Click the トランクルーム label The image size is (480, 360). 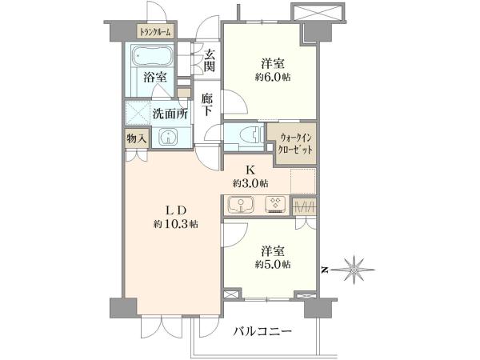(x=155, y=31)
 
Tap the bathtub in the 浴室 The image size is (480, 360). (x=150, y=55)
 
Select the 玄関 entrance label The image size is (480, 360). (x=210, y=60)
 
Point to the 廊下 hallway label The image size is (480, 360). (x=207, y=104)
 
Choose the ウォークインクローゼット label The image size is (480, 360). (x=296, y=143)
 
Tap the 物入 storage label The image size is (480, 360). (x=137, y=139)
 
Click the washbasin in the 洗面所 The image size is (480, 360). (x=168, y=137)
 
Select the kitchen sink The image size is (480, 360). (x=241, y=205)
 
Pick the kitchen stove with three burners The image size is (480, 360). (x=275, y=205)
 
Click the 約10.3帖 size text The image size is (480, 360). (x=176, y=224)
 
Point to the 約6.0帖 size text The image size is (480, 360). (x=273, y=77)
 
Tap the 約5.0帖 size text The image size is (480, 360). (x=273, y=264)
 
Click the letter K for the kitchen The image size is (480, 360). (x=250, y=170)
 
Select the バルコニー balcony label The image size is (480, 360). (x=263, y=331)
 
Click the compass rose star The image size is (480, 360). (x=354, y=270)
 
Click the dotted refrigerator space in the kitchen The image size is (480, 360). (x=302, y=181)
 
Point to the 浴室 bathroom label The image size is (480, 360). (x=156, y=77)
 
